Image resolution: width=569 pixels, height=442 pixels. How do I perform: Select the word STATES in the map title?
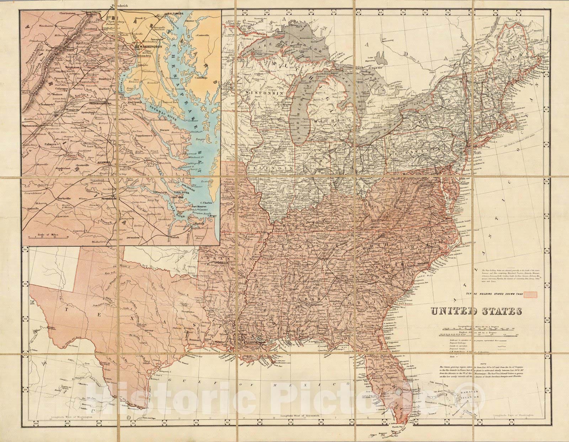coord(501,312)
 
